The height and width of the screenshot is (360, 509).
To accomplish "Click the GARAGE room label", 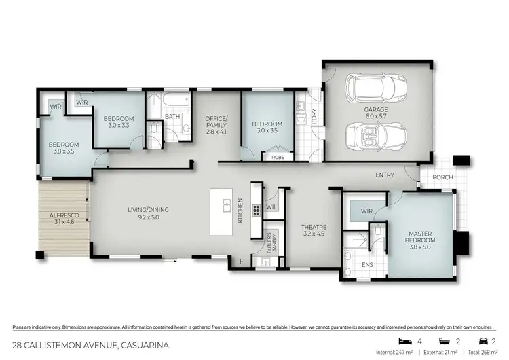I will point(375,113).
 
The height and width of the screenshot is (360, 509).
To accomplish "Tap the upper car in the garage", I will point(375,88).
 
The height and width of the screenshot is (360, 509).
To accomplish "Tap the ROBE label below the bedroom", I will point(278,157).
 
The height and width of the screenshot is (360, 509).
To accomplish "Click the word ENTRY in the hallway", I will point(385,175).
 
